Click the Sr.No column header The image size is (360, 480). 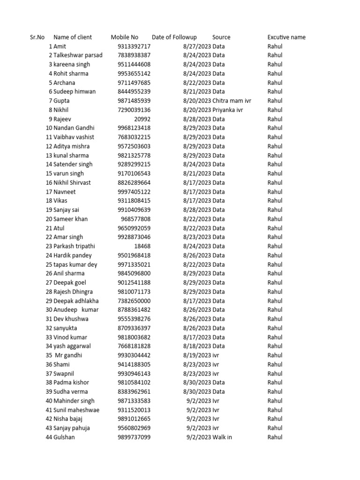tap(37, 37)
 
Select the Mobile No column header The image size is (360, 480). tap(124, 37)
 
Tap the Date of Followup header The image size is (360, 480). tap(174, 37)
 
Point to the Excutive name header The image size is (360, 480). tap(286, 37)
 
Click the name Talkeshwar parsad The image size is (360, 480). tap(78, 55)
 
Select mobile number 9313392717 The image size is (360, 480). tap(134, 46)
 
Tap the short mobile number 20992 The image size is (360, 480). tap(142, 119)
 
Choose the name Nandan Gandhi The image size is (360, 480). tap(74, 128)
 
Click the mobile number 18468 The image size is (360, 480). tap(142, 246)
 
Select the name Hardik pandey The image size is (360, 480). tap(73, 255)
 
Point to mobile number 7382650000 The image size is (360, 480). tap(134, 301)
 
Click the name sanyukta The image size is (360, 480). tap(65, 328)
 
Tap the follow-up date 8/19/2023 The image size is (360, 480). tap(197, 355)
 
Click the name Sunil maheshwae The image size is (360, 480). tap(76, 410)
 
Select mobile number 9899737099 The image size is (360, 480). tap(134, 437)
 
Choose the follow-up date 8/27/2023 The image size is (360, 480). tap(197, 46)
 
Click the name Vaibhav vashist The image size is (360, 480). tap(74, 137)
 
